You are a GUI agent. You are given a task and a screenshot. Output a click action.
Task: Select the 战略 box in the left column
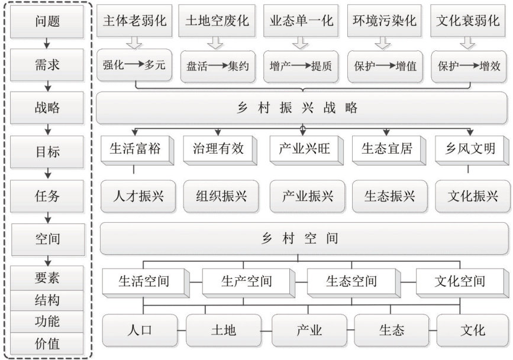47,109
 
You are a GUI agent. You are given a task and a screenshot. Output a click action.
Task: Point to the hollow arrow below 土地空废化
216,43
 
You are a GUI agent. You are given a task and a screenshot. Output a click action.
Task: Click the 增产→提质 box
301,66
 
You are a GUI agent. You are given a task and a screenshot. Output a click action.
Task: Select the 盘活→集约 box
217,66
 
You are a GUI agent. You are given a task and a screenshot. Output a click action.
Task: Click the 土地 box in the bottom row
224,330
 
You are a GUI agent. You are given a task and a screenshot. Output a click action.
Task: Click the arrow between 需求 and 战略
47,86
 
